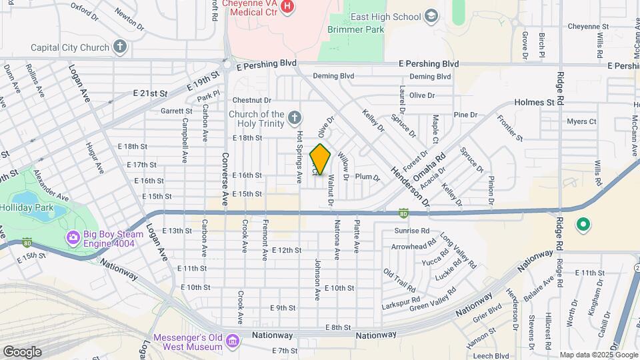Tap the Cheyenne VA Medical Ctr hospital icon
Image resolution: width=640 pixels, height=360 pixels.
pyautogui.click(x=287, y=7)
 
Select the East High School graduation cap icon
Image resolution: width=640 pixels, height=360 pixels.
pyautogui.click(x=431, y=17)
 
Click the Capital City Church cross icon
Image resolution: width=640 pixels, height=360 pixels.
pyautogui.click(x=120, y=47)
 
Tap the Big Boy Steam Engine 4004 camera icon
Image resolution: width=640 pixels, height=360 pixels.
pyautogui.click(x=72, y=237)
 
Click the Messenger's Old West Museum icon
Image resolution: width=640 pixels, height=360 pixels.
pyautogui.click(x=232, y=341)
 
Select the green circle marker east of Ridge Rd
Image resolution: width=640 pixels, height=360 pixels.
pyautogui.click(x=583, y=225)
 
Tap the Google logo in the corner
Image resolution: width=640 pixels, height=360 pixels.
pyautogui.click(x=21, y=352)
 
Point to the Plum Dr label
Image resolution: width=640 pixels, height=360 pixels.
pyautogui.click(x=367, y=177)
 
